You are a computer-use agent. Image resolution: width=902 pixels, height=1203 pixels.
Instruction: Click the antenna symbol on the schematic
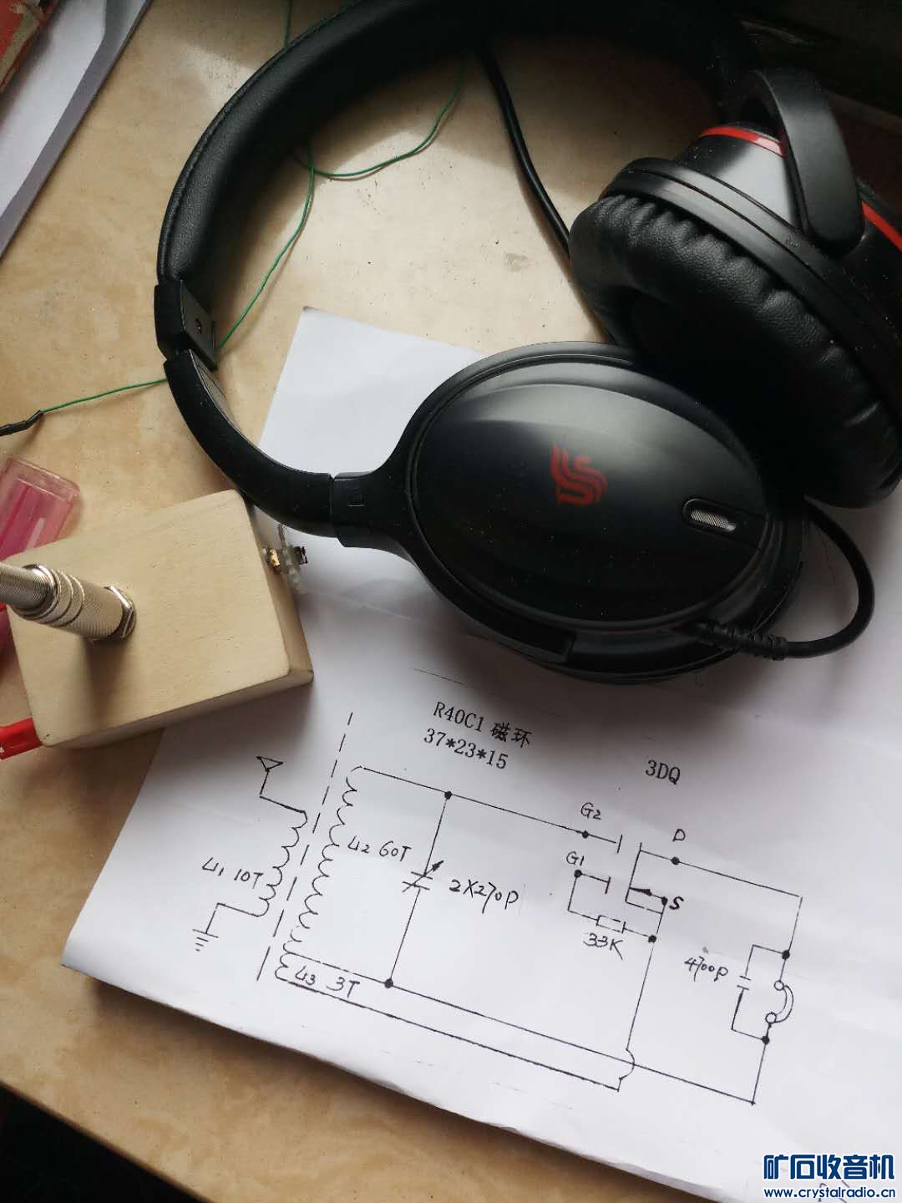click(x=269, y=764)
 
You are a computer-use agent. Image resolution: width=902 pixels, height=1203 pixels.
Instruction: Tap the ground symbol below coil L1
click(x=201, y=943)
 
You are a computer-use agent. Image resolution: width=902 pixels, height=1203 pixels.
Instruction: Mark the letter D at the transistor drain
click(x=678, y=835)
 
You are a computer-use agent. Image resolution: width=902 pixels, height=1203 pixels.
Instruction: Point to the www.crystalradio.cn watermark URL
click(x=830, y=1192)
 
